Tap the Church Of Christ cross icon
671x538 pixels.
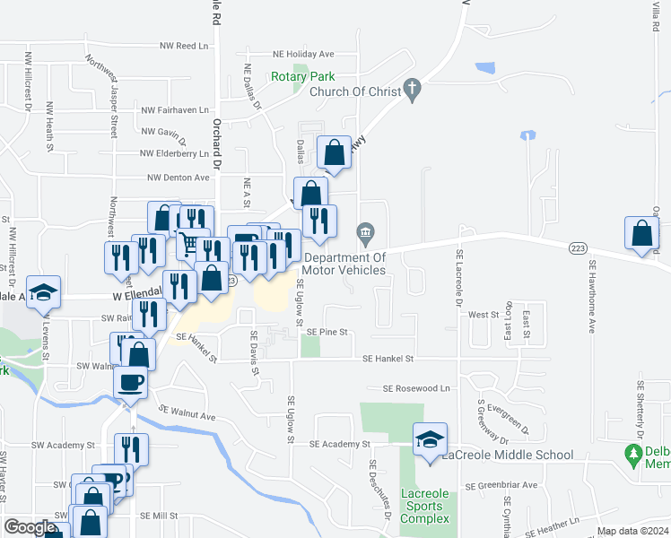(412, 90)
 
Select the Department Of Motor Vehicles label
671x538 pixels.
(344, 264)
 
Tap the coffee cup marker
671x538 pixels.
(130, 381)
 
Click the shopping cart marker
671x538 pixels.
(188, 243)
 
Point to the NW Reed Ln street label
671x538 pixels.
(184, 46)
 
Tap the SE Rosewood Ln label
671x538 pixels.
(415, 389)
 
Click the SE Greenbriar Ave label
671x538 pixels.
(501, 485)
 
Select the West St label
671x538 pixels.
(483, 315)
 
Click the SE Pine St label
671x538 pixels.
(327, 332)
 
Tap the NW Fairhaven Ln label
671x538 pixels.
(175, 110)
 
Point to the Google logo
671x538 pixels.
(28, 527)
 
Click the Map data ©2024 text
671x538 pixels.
(632, 531)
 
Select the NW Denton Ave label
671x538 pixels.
(179, 178)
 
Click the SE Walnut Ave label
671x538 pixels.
(187, 413)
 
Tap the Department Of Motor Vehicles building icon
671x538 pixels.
(365, 234)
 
